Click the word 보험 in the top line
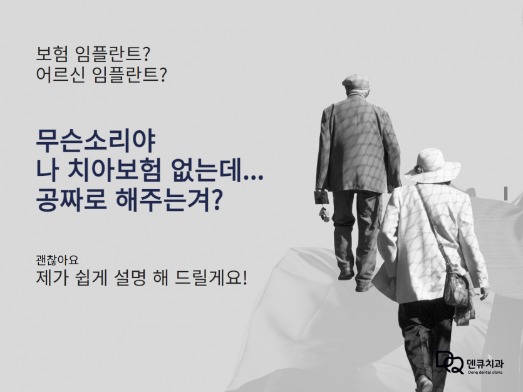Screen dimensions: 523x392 (52, 54)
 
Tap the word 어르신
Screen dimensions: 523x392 (60, 75)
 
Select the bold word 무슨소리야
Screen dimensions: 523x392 (96, 142)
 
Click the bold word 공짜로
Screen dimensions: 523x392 (71, 200)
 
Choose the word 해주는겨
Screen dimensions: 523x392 (163, 200)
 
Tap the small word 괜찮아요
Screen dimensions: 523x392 (57, 260)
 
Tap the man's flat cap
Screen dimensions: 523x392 (356, 81)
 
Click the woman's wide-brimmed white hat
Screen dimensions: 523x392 (432, 166)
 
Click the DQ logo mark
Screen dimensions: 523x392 (450, 362)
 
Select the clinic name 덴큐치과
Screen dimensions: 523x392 (485, 363)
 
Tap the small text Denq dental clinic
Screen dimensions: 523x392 (485, 373)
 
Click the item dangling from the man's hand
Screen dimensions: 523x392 (324, 214)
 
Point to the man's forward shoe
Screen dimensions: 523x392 (363, 287)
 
